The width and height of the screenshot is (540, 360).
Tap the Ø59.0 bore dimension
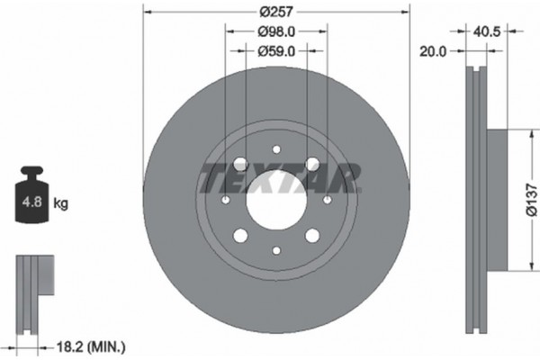[276, 51]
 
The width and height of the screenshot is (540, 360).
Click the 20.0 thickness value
[434, 52]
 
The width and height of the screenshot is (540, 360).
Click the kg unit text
[61, 203]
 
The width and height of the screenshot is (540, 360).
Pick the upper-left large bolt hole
[240, 164]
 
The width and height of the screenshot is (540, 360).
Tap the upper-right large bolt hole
[311, 164]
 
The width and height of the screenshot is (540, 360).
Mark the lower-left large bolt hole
[240, 235]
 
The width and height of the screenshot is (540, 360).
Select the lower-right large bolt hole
[311, 235]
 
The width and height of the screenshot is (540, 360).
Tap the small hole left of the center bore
[225, 199]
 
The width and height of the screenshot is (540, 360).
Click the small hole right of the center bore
[327, 199]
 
